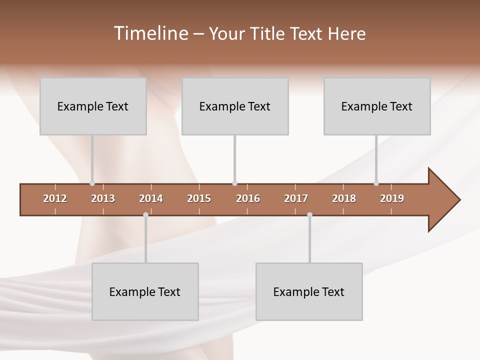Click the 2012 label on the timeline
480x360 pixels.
pos(55,198)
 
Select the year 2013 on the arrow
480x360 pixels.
pos(103,198)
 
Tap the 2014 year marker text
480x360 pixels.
pos(151,198)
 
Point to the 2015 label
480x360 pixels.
pos(199,198)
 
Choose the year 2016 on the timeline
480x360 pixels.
pos(248,198)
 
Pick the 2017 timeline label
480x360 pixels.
pos(296,198)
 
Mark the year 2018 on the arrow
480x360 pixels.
pos(344,198)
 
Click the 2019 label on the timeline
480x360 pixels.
pos(392,198)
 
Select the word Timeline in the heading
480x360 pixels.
pos(150,33)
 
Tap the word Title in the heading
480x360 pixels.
pos(269,33)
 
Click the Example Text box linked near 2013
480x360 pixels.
pos(93,106)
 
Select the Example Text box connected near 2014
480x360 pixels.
pos(145,291)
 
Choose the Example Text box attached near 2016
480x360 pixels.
pos(235,106)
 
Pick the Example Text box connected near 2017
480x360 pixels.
pos(309,291)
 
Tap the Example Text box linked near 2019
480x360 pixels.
pos(377,106)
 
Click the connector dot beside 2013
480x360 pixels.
pos(92,183)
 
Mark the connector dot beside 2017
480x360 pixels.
pos(309,215)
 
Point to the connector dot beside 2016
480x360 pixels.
pos(234,183)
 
